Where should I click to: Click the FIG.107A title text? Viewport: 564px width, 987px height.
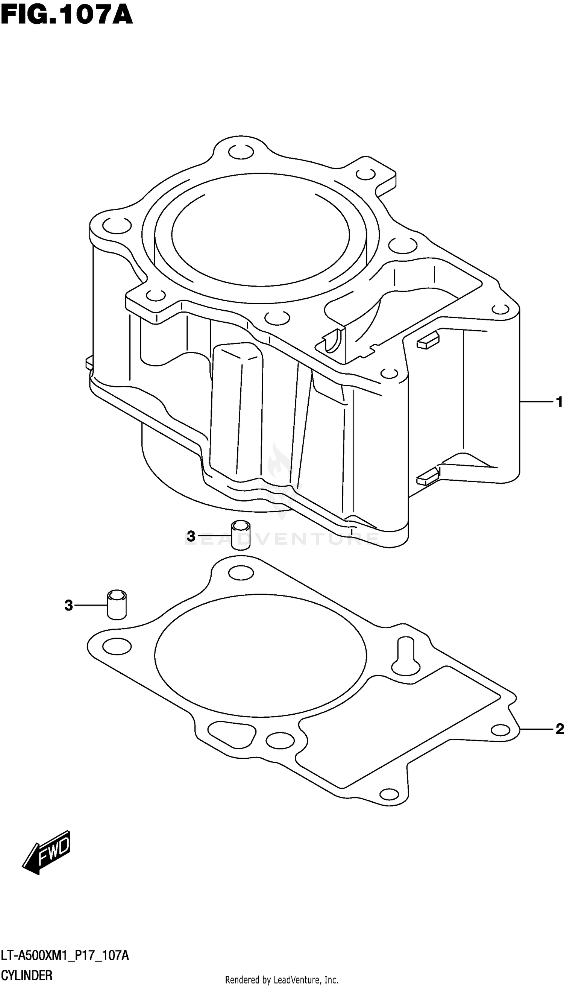pyautogui.click(x=67, y=15)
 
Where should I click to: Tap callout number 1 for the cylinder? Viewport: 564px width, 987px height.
pyautogui.click(x=559, y=402)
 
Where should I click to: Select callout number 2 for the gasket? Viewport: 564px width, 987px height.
pyautogui.click(x=559, y=729)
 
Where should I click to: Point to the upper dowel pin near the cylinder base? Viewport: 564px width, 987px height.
pyautogui.click(x=241, y=535)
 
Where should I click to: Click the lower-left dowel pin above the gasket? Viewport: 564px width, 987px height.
pyautogui.click(x=117, y=605)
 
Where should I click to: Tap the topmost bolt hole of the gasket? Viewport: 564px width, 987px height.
pyautogui.click(x=241, y=572)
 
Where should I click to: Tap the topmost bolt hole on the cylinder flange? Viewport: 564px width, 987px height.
pyautogui.click(x=241, y=152)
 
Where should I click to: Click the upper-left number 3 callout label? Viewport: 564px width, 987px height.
pyautogui.click(x=191, y=536)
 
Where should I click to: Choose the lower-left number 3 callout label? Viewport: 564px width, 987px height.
pyautogui.click(x=68, y=605)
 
